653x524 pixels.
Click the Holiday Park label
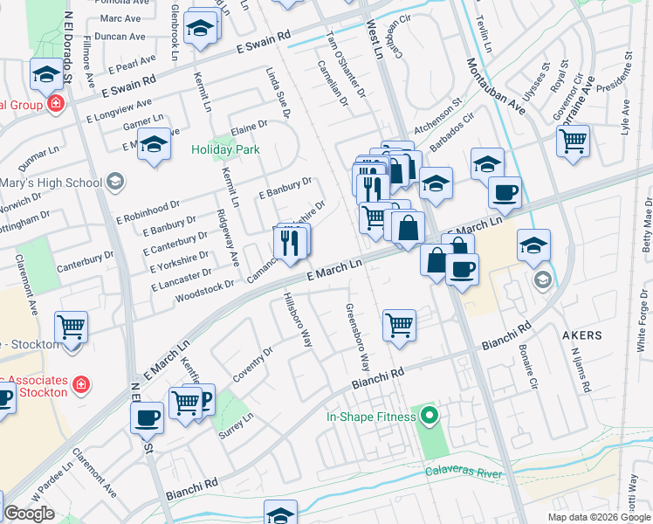click(x=225, y=149)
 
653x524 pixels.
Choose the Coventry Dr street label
click(x=253, y=364)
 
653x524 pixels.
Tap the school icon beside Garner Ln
click(x=154, y=145)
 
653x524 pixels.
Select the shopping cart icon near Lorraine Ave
click(x=573, y=140)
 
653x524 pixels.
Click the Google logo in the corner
click(x=29, y=514)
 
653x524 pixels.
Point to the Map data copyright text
click(x=598, y=517)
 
